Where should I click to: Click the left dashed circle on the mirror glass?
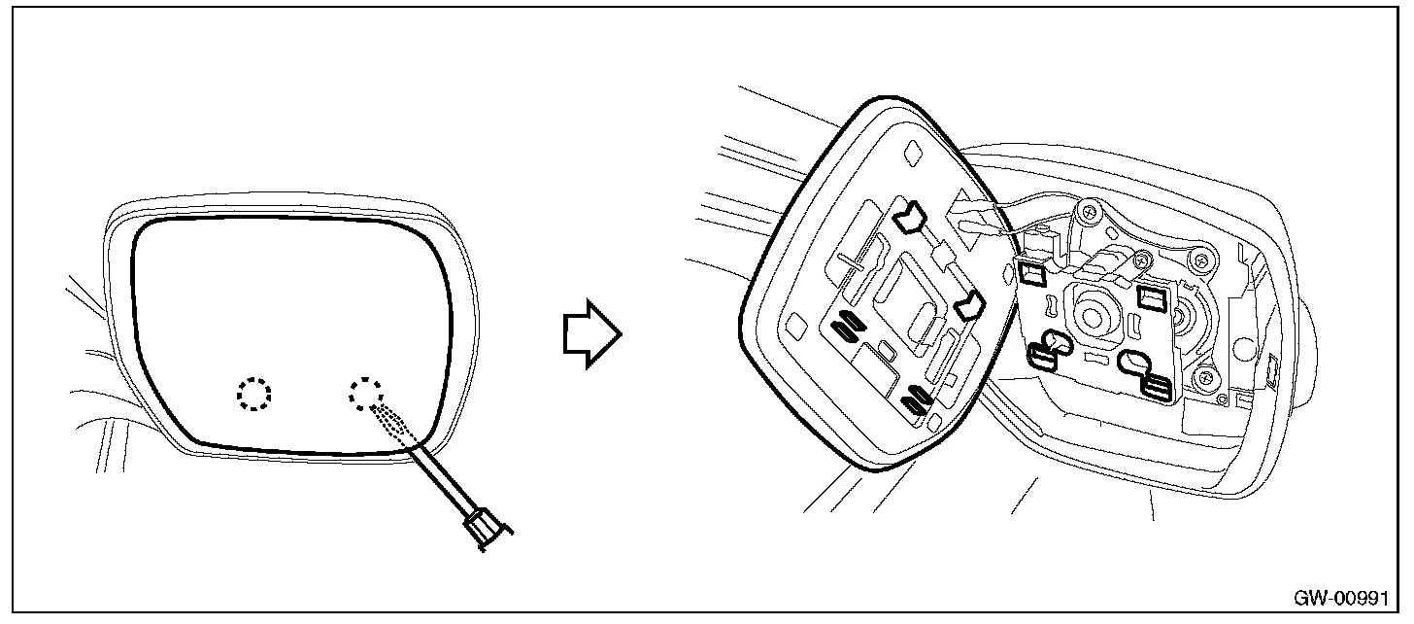(254, 394)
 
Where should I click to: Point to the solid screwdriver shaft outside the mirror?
(448, 481)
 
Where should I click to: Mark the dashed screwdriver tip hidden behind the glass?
(393, 422)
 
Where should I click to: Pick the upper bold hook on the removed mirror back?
(911, 219)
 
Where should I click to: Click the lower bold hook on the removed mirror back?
(969, 307)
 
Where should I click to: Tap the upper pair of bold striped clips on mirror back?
(846, 326)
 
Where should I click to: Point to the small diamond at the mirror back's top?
(912, 152)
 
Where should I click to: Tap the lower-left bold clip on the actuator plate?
(1046, 354)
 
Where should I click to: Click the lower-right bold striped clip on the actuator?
(1155, 386)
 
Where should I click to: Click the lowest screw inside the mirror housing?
(1206, 377)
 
